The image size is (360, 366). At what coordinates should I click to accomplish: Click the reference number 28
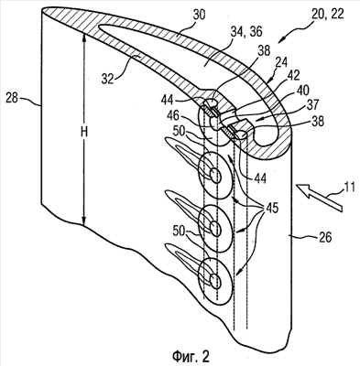tap(12, 99)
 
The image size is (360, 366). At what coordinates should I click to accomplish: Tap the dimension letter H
tap(84, 132)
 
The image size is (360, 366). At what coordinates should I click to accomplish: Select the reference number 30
tap(199, 15)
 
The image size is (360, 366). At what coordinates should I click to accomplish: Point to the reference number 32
tap(107, 79)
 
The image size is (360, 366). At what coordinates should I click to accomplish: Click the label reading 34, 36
tap(243, 31)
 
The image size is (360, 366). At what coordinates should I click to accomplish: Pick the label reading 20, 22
tap(327, 14)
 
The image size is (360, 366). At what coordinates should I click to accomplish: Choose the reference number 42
tap(293, 76)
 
